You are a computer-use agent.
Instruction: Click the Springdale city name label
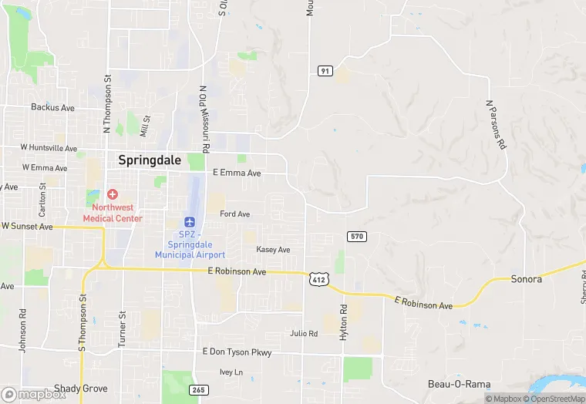(x=150, y=160)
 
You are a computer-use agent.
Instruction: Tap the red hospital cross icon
(x=113, y=194)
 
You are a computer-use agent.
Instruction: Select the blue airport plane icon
(x=190, y=222)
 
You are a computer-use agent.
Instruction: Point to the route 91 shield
(x=325, y=71)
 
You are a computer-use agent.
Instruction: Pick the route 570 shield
(x=355, y=236)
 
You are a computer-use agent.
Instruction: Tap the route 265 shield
(x=198, y=389)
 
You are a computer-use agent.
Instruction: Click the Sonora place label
(x=527, y=279)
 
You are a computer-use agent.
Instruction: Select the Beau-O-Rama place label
(x=460, y=384)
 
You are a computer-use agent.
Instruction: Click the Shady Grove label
(x=81, y=389)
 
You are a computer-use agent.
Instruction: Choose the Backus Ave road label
(x=52, y=108)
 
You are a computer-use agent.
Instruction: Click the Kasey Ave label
(x=273, y=250)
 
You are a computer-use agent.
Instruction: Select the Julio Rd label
(x=304, y=334)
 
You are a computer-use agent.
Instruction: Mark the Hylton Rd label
(x=344, y=318)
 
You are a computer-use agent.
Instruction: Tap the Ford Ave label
(x=234, y=214)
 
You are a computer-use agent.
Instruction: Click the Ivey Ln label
(x=231, y=372)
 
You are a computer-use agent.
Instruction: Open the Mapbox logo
(x=34, y=394)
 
